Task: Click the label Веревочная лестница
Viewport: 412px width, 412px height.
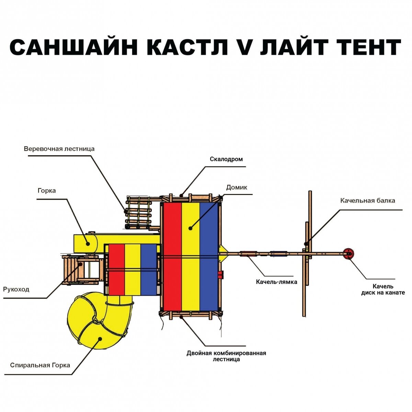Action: [x=59, y=149]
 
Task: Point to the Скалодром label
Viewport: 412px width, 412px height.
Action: [x=226, y=159]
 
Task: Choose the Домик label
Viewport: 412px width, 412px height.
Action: [x=237, y=187]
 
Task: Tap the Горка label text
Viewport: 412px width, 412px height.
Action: [x=47, y=191]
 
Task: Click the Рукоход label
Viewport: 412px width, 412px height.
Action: [x=16, y=289]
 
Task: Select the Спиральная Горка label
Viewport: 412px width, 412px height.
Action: [x=40, y=365]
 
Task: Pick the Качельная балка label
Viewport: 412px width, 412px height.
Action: [x=368, y=201]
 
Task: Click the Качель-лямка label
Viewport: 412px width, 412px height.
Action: [x=276, y=282]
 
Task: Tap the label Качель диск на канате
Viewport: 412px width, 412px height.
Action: [x=383, y=289]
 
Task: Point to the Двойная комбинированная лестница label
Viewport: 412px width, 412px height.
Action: [x=226, y=356]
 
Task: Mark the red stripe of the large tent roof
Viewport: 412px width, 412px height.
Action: [x=172, y=256]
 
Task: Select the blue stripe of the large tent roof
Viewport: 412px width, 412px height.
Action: [x=209, y=256]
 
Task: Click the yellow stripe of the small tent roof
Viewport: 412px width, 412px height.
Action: [x=133, y=270]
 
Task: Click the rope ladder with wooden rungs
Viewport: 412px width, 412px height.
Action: [x=138, y=213]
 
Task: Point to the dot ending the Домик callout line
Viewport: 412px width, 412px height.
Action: [x=190, y=228]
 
